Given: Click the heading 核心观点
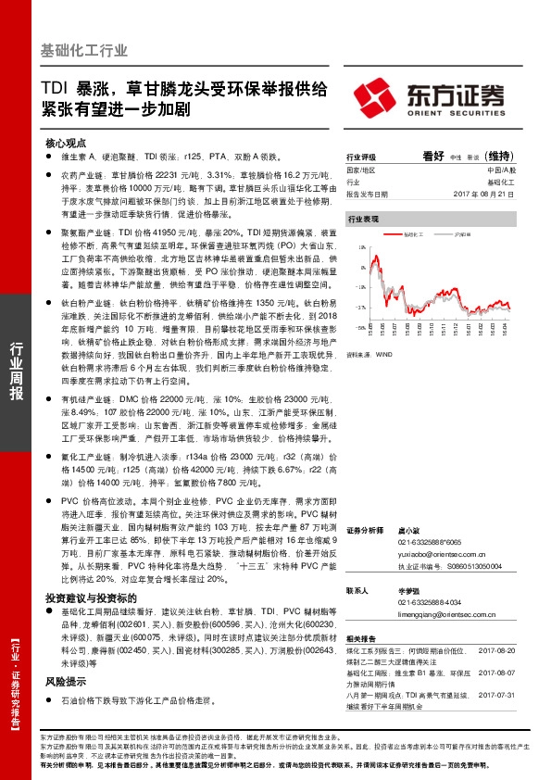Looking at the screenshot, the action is (65, 144).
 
